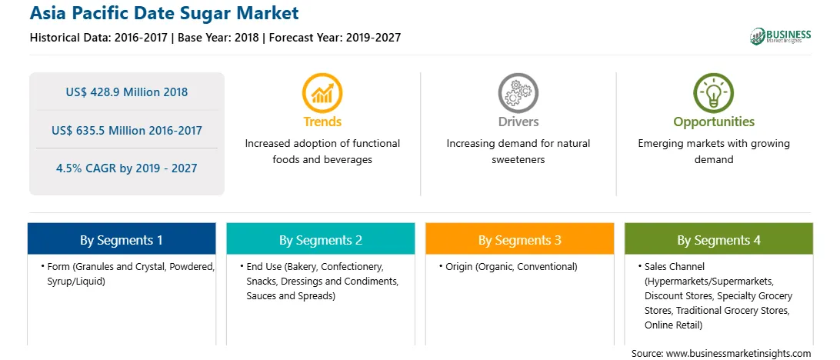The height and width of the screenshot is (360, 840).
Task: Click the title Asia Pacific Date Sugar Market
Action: [165, 13]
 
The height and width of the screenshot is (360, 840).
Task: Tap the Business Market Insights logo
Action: [781, 36]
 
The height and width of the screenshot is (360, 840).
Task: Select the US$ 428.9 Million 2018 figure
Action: [127, 92]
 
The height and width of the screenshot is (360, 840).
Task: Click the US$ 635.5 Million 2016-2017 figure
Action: [127, 130]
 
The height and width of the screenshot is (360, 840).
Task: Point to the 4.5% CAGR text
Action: [127, 168]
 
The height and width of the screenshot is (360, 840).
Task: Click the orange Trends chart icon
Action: [322, 92]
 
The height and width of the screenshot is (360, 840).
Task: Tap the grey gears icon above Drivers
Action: [518, 92]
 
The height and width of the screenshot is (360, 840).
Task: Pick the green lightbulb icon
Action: [714, 92]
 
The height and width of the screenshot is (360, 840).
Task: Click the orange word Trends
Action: [322, 122]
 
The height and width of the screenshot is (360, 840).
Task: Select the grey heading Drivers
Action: [518, 122]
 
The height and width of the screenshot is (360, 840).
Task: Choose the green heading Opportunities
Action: [714, 122]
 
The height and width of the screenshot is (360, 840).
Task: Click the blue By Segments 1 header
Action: [122, 239]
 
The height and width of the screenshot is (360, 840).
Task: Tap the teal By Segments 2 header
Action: [320, 239]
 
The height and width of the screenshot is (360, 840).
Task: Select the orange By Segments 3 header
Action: [520, 239]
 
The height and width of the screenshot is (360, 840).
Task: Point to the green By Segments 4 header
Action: [719, 239]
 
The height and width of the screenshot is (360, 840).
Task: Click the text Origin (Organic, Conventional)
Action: [512, 266]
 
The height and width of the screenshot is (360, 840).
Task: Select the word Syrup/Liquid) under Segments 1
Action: [75, 281]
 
